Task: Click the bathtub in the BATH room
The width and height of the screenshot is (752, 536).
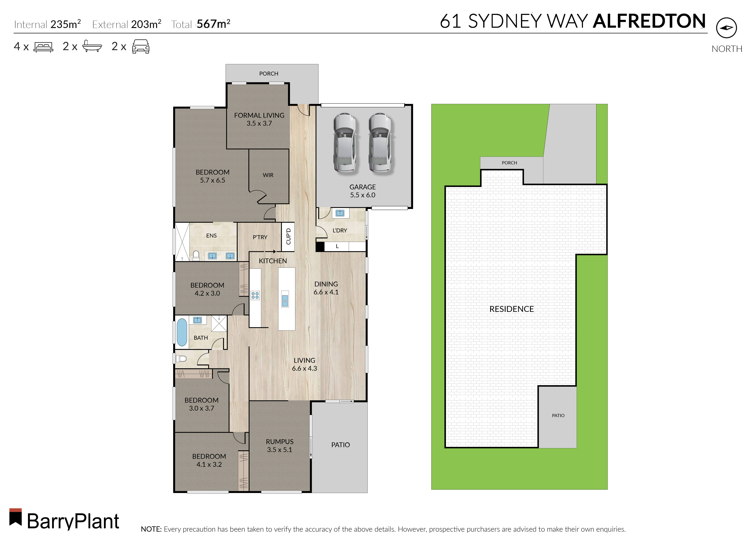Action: [x=182, y=332]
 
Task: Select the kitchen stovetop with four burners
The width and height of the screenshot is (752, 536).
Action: [x=255, y=295]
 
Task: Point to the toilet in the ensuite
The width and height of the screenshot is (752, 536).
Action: [x=196, y=255]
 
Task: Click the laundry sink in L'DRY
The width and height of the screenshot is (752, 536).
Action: [x=340, y=213]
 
